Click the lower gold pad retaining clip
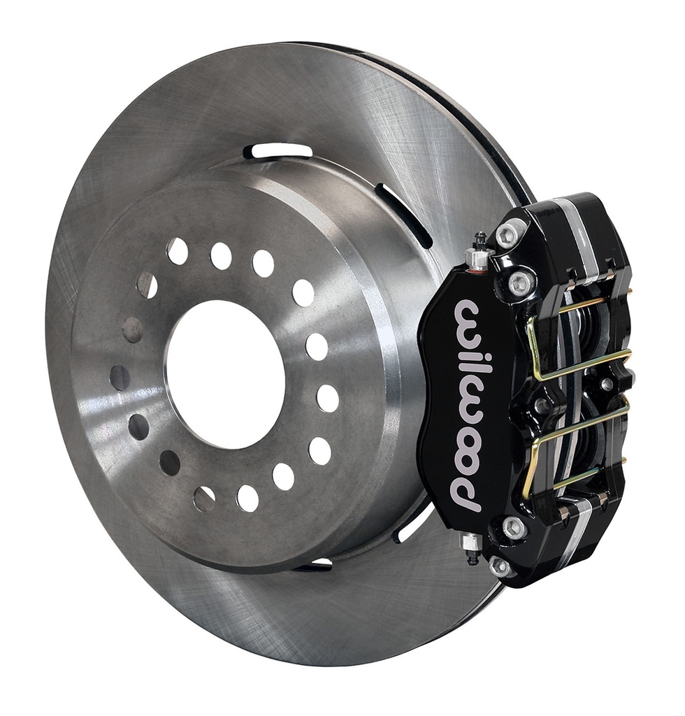click(570, 445)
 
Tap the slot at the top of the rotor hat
click(277, 151)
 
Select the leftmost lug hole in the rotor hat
click(120, 378)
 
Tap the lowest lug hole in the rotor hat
click(247, 498)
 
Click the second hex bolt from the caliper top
click(520, 283)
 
